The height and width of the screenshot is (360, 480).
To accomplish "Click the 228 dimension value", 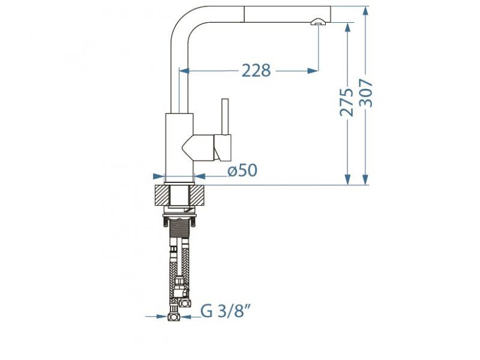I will [x=256, y=71].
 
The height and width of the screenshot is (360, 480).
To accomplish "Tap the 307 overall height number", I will [x=367, y=93].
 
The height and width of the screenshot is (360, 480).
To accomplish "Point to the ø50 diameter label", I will [x=242, y=171].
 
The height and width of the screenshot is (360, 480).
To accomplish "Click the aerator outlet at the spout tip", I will [x=317, y=22].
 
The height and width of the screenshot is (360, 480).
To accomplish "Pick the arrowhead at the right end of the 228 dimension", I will [x=313, y=71].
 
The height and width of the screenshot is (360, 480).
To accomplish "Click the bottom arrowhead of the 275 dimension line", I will [x=347, y=180].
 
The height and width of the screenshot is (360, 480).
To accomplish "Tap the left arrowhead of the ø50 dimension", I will [x=159, y=176].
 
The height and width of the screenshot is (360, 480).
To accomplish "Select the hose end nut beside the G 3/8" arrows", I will [x=175, y=316].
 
